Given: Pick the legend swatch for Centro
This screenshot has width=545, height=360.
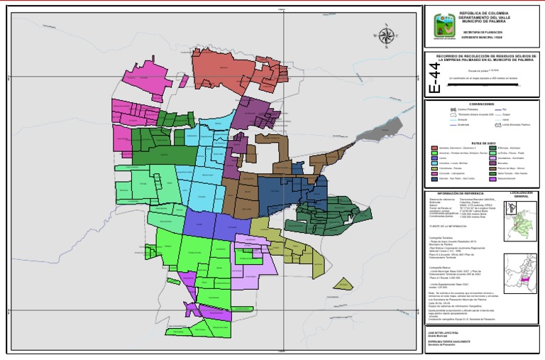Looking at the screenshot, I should click(434, 158).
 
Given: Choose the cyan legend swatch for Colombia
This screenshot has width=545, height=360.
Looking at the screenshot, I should click(434, 163).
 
